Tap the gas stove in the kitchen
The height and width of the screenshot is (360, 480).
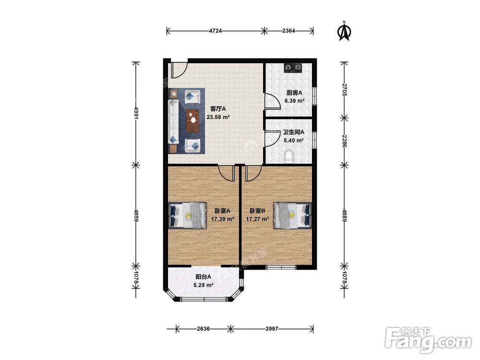pos(293,68)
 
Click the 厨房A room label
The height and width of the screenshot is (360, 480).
pos(294,93)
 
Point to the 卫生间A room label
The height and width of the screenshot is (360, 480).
pos(293,132)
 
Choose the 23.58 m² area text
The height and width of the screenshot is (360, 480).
pos(218,117)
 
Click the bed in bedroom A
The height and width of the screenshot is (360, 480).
pos(188,216)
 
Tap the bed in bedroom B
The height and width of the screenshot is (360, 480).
pos(292,216)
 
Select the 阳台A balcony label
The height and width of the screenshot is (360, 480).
pos(203,277)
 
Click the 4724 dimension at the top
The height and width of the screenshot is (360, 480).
pos(216,31)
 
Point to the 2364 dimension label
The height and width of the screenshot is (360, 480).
pos(288,31)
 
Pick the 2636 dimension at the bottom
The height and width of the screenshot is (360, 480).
pos(203,329)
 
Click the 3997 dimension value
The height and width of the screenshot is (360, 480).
pos(272,329)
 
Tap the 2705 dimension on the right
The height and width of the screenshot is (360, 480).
pos(344,90)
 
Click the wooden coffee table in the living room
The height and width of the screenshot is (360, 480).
pos(192,120)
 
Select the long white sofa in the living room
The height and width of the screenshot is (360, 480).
pos(174,121)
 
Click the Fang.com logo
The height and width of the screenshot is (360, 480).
pos(429,340)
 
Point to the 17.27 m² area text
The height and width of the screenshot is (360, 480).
pos(257,219)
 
